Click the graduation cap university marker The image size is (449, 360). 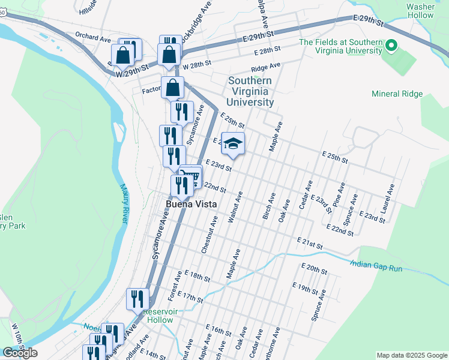click(x=234, y=144)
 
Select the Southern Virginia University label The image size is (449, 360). click(x=250, y=92)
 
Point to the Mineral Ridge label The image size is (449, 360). click(x=397, y=94)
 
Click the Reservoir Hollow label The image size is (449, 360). click(x=158, y=316)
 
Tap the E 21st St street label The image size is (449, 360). click(x=310, y=243)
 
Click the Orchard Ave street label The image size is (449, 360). click(x=93, y=37)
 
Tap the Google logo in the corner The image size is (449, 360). click(x=20, y=353)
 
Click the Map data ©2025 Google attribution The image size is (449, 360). click(x=412, y=355)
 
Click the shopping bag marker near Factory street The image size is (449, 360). click(x=172, y=88)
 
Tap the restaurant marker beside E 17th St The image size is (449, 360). click(x=137, y=298)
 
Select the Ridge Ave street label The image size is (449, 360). click(x=266, y=67)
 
